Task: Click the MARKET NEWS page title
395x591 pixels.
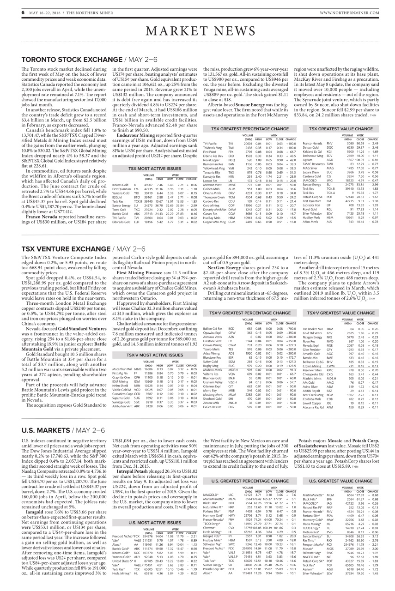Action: coord(197,31)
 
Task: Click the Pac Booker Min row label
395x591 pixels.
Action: coord(313,316)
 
